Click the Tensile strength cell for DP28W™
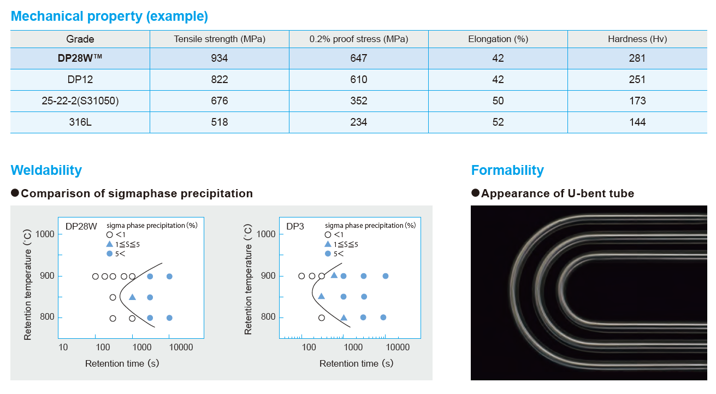tap(219, 58)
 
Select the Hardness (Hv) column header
tap(637, 39)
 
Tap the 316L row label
tap(80, 122)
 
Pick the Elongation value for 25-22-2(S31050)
tap(498, 101)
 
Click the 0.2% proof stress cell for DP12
tap(358, 80)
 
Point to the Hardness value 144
tap(637, 122)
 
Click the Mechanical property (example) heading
tap(109, 16)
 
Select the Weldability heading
tap(46, 170)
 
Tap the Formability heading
tap(507, 170)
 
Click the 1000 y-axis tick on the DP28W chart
tap(45, 234)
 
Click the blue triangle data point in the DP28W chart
tap(132, 297)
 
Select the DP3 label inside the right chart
tap(295, 226)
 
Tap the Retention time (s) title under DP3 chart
tap(356, 363)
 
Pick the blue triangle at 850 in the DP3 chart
tap(321, 296)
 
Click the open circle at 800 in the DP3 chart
tap(322, 317)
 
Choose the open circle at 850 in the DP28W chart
tap(113, 298)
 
